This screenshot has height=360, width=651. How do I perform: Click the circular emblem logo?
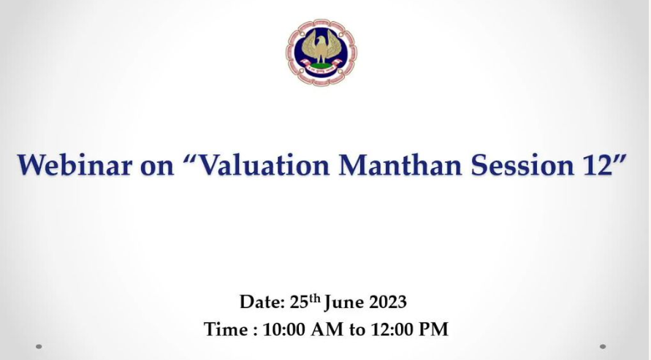321,53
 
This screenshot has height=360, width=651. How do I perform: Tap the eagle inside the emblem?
321,47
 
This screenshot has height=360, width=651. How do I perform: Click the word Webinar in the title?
75,164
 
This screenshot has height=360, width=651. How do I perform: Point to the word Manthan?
400,164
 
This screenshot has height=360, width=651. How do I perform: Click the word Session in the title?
522,164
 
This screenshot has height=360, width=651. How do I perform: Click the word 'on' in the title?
157,166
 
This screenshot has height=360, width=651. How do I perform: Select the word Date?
262,302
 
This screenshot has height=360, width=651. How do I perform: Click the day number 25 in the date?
300,302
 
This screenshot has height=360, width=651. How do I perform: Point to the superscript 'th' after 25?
315,298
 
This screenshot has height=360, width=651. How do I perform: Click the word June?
345,303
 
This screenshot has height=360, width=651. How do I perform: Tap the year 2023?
388,302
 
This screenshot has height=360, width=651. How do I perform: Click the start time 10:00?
284,330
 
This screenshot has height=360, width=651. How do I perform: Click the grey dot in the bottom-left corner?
39,346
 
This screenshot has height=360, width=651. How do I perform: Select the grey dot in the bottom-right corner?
603,346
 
